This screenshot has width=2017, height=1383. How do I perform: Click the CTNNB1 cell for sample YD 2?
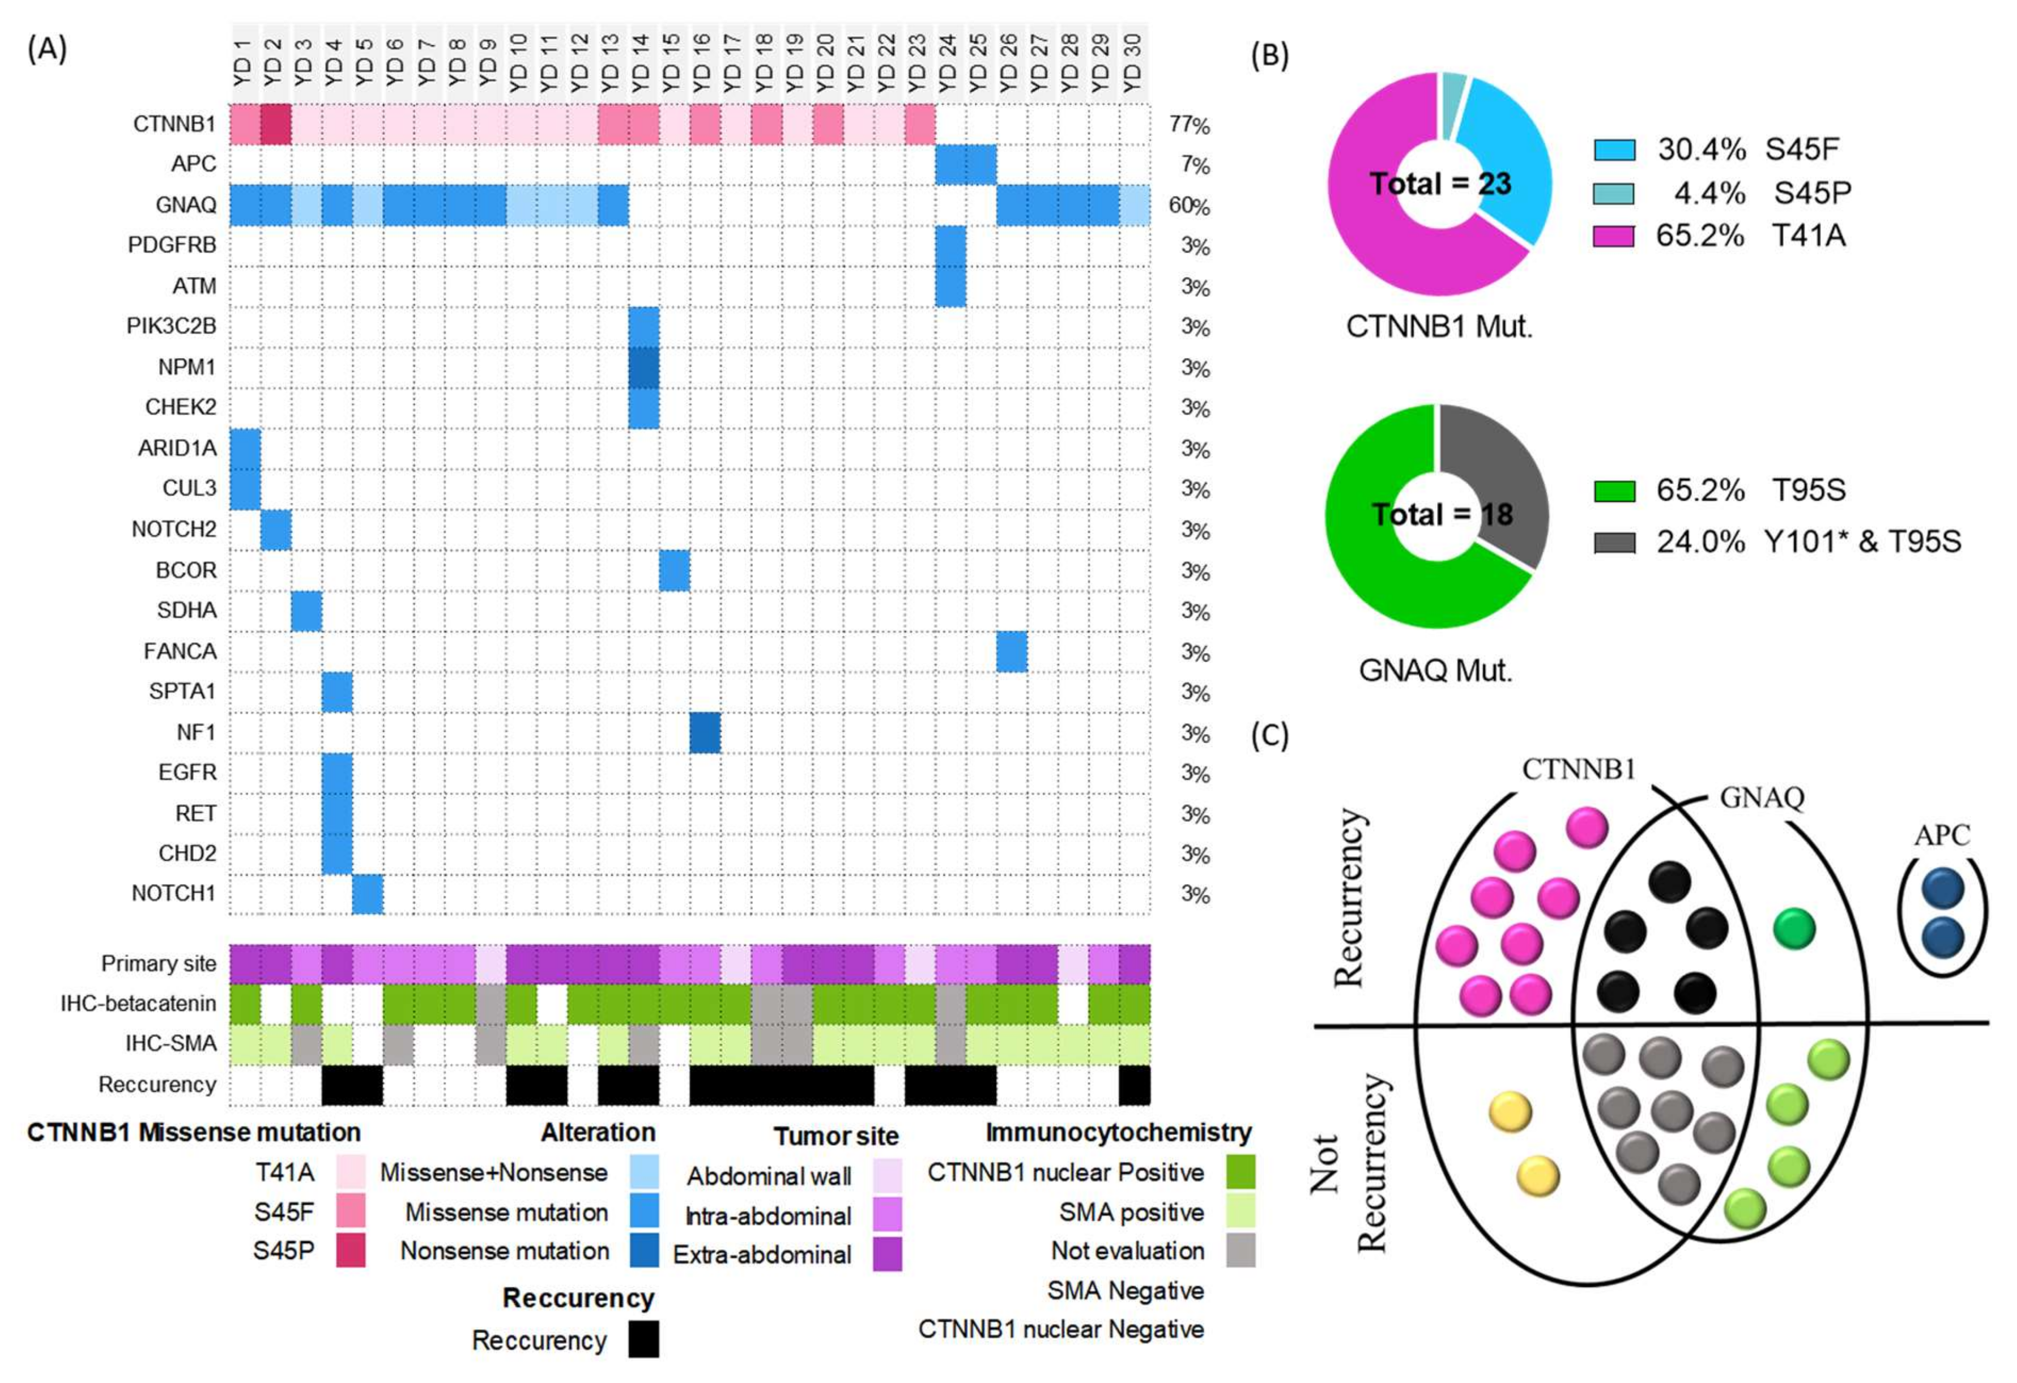click(276, 124)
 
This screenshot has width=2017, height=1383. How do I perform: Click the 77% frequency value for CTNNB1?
click(1189, 125)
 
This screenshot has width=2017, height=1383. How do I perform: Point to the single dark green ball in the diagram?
click(1794, 928)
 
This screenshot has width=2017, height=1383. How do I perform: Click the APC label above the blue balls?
click(1942, 835)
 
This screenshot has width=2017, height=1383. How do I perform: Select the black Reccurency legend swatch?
click(643, 1339)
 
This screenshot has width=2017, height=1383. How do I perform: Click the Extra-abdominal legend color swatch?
click(887, 1254)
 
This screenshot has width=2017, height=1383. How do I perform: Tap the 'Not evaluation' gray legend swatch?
click(1241, 1250)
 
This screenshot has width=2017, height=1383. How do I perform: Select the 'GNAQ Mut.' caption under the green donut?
click(1435, 671)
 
